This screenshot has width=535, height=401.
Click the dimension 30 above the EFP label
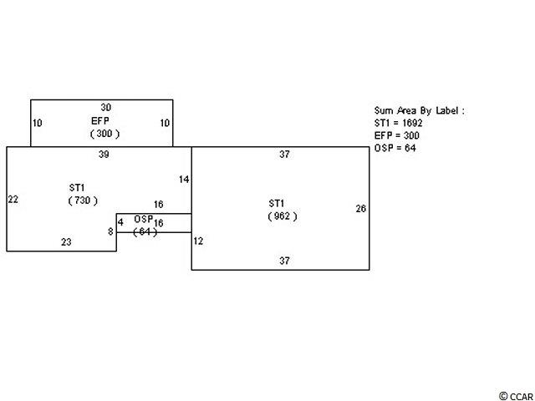point(105,108)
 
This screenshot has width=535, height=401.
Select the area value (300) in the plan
point(105,134)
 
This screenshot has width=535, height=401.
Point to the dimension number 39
point(103,155)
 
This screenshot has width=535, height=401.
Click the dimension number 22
point(13,199)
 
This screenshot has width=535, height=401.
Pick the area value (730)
point(83,200)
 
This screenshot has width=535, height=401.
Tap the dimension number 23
point(66,242)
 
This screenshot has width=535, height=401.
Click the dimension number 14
point(185,180)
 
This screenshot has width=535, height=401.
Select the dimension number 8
point(110,231)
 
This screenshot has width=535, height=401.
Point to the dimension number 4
point(120,222)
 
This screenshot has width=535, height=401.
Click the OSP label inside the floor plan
point(144,219)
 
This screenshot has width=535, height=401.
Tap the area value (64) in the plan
point(145,231)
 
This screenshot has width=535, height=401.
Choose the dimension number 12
point(198,241)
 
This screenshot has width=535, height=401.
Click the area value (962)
point(283,216)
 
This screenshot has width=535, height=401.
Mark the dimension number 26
point(360,209)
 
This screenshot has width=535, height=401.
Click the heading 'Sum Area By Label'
point(419,110)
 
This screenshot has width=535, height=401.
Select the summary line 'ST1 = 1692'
point(405,123)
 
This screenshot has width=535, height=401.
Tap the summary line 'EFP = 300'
point(398,135)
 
